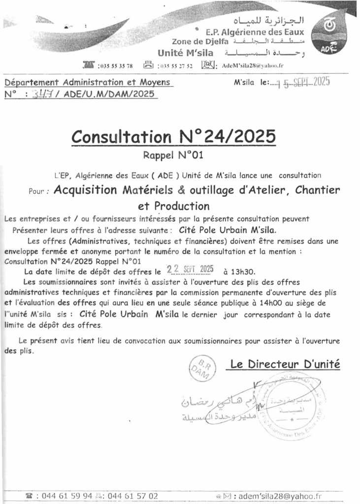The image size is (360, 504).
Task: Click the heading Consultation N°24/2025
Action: pyautogui.click(x=173, y=137)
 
